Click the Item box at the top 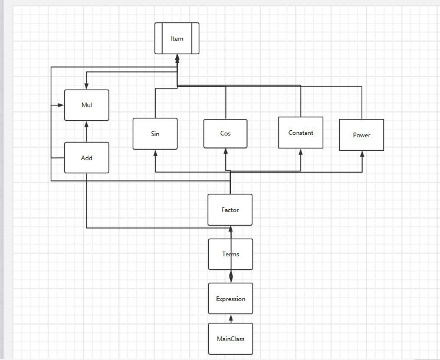point(177,38)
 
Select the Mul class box point(87,105)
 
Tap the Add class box point(87,158)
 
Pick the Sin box point(155,134)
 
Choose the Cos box point(225,133)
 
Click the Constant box point(301,133)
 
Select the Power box point(362,135)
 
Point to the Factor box point(230,210)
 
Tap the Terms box point(231,254)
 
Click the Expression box point(231,299)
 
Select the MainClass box point(231,339)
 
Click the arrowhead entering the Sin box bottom point(155,153)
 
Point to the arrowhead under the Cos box point(225,151)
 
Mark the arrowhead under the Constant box point(301,151)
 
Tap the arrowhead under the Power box point(362,154)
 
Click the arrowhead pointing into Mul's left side point(61,105)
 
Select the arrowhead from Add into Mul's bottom point(87,124)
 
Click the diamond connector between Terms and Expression point(231,275)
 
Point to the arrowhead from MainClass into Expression point(231,318)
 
